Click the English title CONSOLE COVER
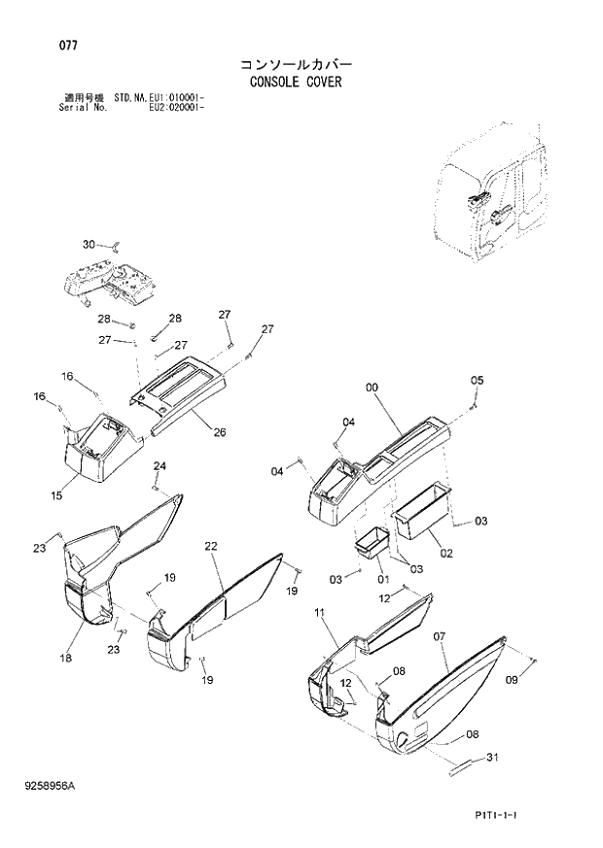[x=297, y=83]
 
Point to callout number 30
[x=89, y=244]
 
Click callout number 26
[x=220, y=432]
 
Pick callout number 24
[x=160, y=467]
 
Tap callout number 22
[x=210, y=548]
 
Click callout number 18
[x=65, y=659]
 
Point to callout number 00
[x=372, y=388]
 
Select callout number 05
[x=477, y=380]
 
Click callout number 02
[x=446, y=554]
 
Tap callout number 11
[x=318, y=612]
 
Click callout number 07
[x=440, y=637]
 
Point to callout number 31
[x=492, y=759]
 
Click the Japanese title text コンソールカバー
[x=296, y=64]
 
